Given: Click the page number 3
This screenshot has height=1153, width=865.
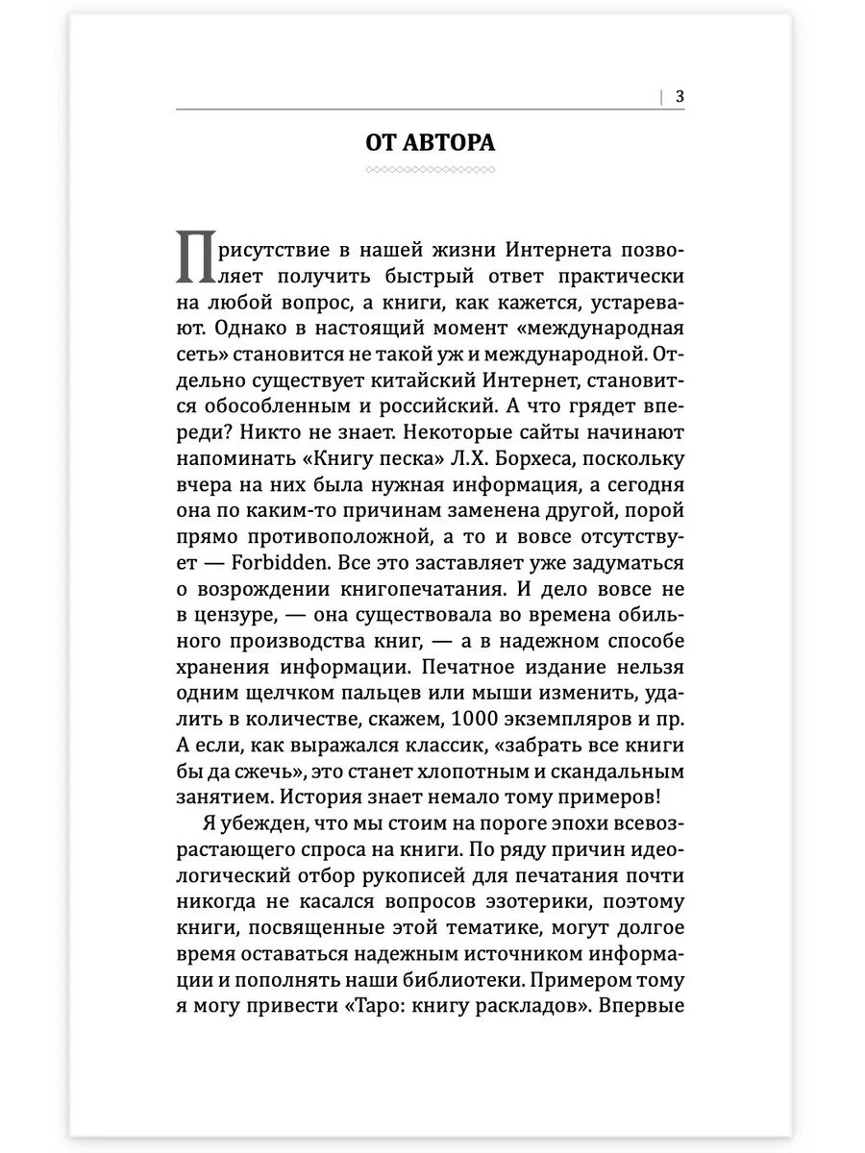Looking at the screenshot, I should (x=680, y=96).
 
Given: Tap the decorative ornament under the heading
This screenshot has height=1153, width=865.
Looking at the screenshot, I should (x=432, y=170).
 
